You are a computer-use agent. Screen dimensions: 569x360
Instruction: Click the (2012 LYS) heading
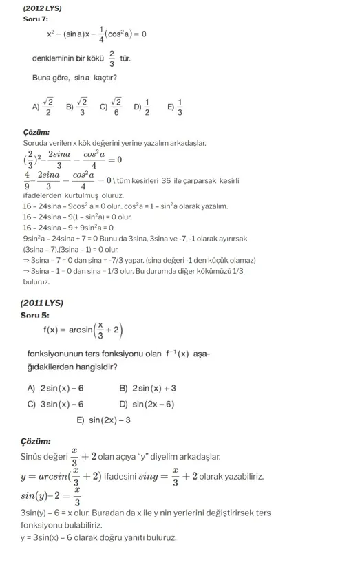pos(42,8)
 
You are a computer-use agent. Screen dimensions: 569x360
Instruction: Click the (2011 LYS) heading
pos(42,303)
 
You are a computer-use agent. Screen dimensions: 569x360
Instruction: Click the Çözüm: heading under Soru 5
pos(36,441)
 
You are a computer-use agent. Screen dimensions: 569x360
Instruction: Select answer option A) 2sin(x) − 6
pos(56,388)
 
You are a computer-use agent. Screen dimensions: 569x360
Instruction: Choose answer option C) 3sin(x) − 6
pos(56,404)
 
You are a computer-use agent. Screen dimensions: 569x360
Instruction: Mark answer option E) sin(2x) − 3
pos(104,420)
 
